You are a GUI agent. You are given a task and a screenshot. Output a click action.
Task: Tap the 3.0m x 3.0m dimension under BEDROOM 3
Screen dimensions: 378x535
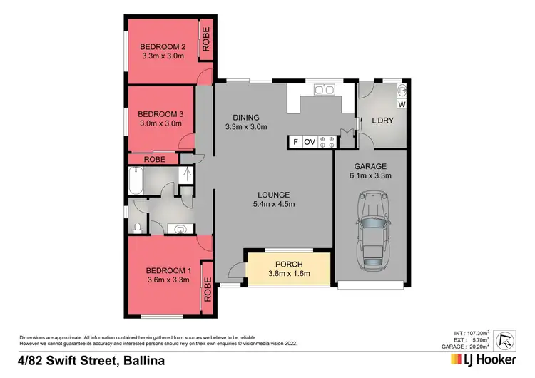click(x=160, y=123)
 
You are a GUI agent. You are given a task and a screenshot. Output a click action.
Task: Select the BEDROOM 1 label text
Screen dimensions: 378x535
click(x=169, y=270)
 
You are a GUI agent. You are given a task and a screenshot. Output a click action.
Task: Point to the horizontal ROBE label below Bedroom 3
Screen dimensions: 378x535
click(x=155, y=160)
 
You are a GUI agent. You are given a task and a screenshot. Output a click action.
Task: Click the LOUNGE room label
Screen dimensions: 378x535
click(x=274, y=194)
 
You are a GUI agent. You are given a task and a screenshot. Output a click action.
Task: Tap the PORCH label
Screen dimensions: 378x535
click(x=289, y=265)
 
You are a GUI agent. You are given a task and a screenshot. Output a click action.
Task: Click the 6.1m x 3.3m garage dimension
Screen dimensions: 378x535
click(x=370, y=175)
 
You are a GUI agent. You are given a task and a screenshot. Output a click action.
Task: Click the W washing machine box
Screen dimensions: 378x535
click(x=401, y=105)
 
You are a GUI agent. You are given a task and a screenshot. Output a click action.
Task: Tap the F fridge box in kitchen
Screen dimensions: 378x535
click(x=295, y=142)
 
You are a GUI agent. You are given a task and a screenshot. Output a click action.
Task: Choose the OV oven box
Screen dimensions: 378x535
click(x=310, y=142)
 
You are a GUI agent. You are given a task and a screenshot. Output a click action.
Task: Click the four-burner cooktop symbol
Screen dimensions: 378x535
click(x=327, y=142)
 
